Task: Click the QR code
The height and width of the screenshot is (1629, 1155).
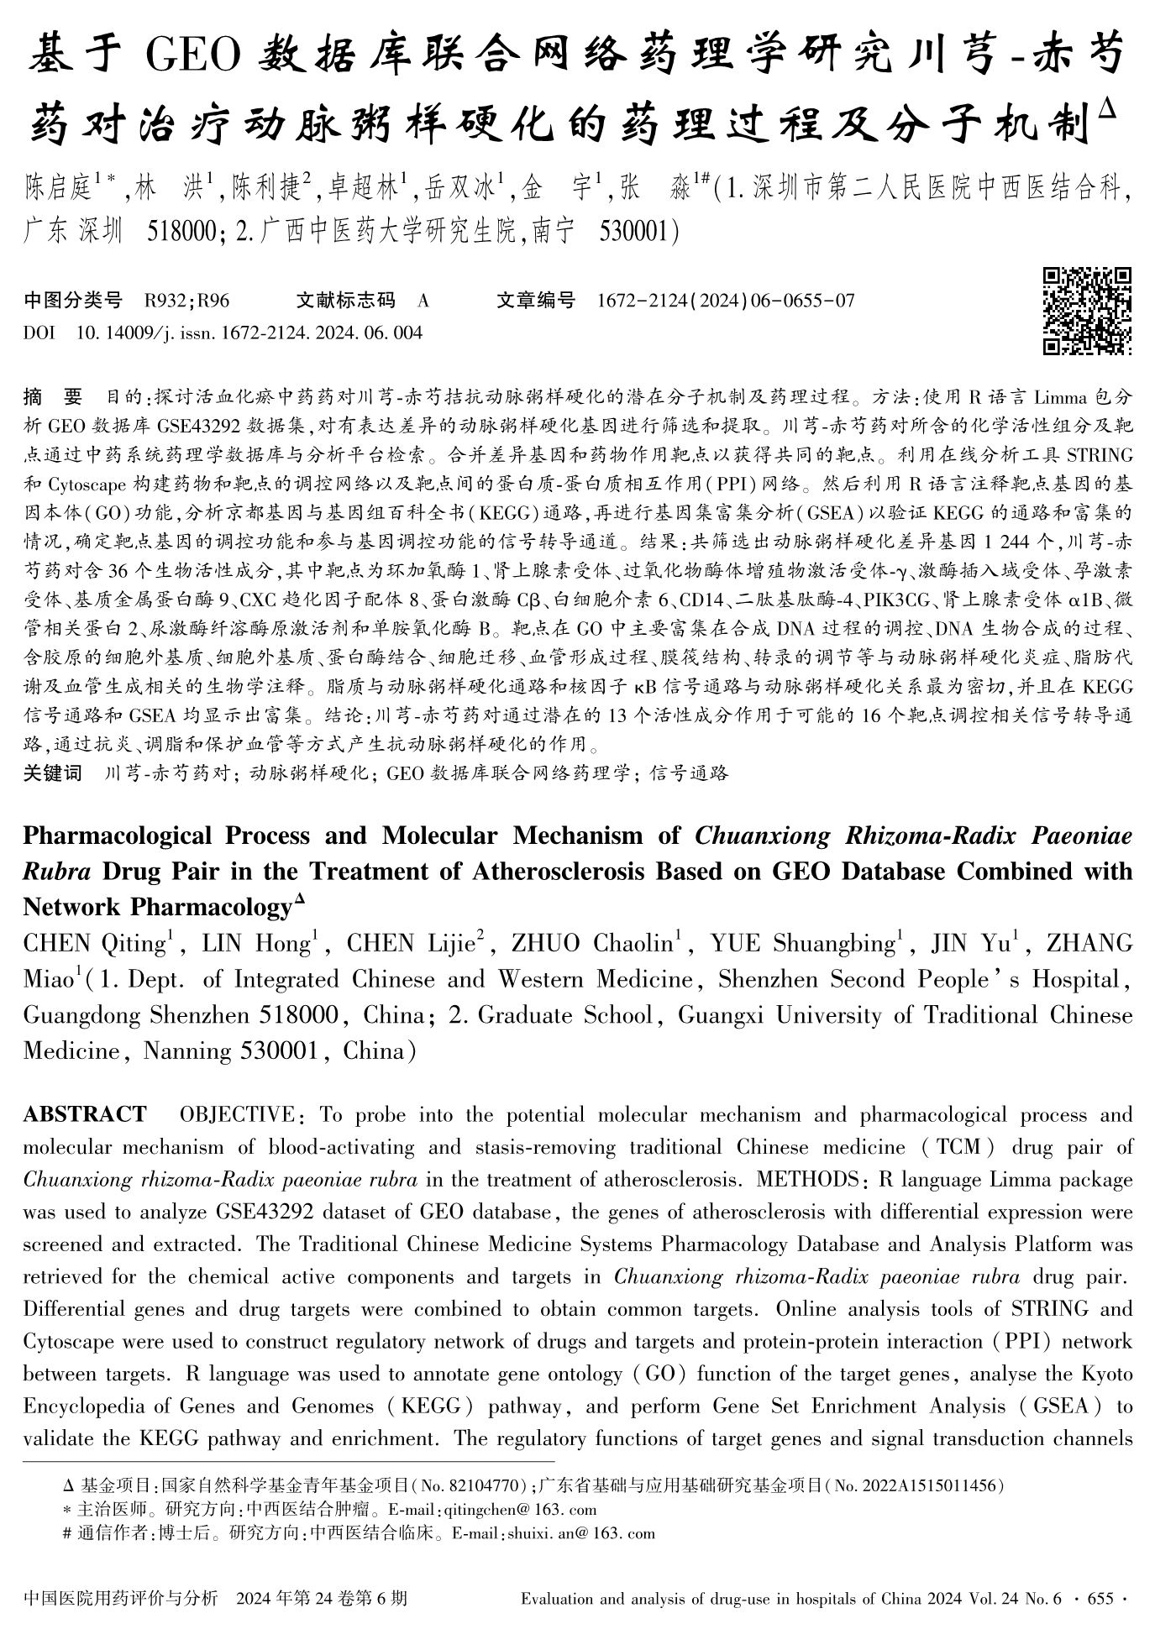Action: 1087,311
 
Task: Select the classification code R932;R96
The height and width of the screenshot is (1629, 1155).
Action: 186,300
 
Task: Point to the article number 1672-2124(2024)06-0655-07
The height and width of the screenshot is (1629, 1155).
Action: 726,300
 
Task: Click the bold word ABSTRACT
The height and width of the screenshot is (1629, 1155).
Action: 85,1115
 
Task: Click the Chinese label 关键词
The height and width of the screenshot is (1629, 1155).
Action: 52,773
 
